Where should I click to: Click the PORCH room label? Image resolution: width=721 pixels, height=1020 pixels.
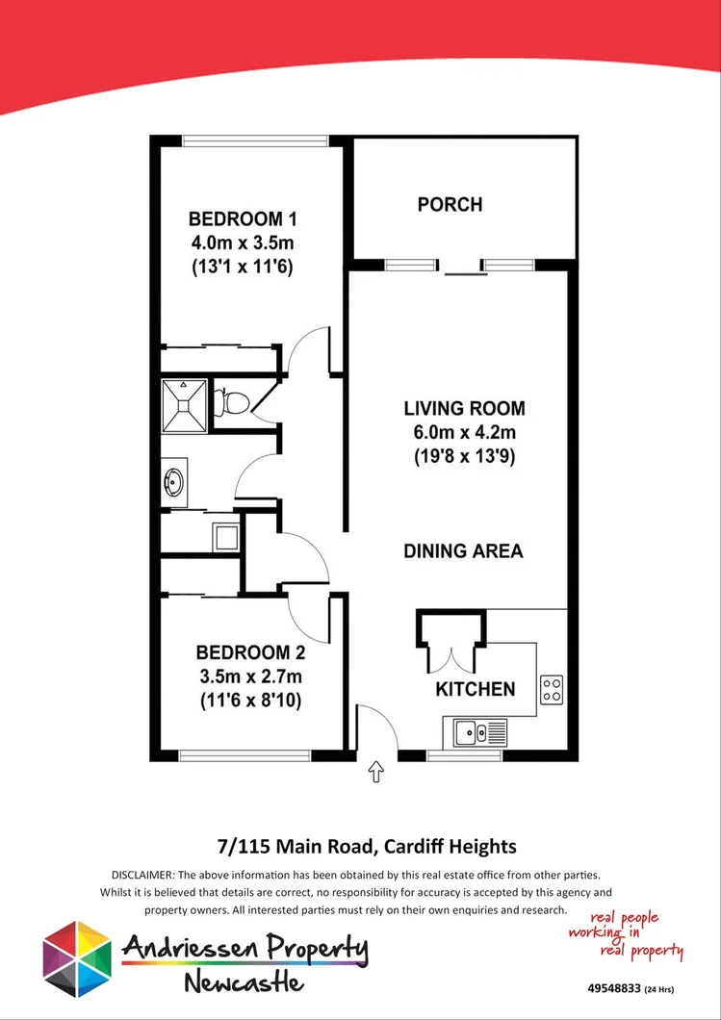tap(450, 204)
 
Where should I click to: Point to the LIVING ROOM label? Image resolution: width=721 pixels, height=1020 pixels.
tap(465, 408)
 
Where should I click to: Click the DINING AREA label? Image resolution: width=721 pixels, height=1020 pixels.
tap(463, 551)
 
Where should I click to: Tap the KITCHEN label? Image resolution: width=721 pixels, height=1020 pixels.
tap(476, 689)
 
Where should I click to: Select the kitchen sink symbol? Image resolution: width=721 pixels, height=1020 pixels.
tap(471, 732)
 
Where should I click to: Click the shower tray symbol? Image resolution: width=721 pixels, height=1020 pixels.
tap(184, 401)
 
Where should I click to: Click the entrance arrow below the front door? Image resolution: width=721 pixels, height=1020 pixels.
tap(375, 771)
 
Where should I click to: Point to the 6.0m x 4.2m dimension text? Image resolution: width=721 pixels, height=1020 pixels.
tap(465, 433)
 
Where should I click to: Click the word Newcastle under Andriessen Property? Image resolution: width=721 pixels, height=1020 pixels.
tap(245, 982)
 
